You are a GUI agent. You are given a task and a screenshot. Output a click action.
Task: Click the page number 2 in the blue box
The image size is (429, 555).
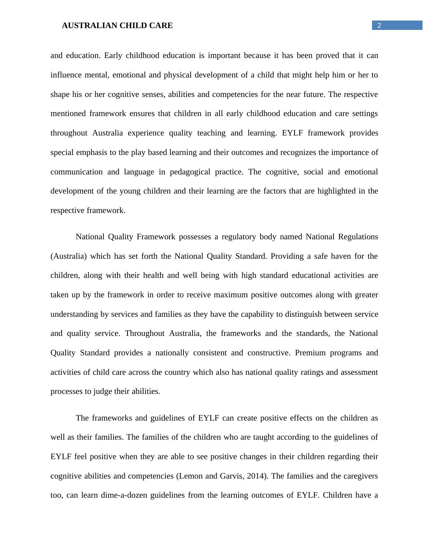click(379, 25)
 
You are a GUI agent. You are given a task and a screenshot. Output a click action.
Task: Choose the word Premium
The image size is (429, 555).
click(310, 353)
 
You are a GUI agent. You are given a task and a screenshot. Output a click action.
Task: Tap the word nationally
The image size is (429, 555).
click(172, 353)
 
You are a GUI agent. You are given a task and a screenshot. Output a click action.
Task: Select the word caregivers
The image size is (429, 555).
click(361, 476)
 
